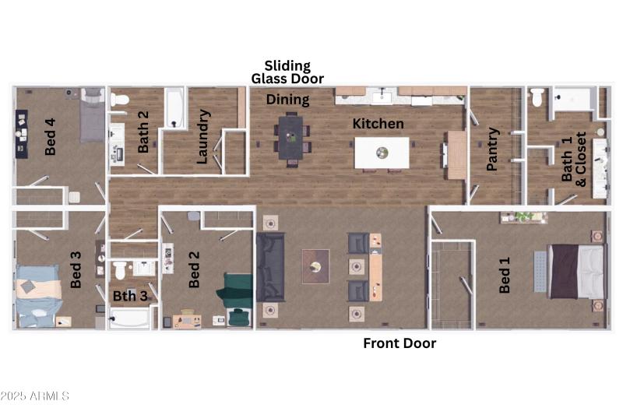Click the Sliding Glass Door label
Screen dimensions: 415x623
pyautogui.click(x=287, y=72)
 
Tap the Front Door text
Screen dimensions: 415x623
pyautogui.click(x=399, y=343)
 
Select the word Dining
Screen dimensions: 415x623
pyautogui.click(x=287, y=100)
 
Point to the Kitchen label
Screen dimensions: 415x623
pyautogui.click(x=378, y=124)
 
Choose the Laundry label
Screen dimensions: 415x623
pyautogui.click(x=202, y=136)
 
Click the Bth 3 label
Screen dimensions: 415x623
pyautogui.click(x=129, y=296)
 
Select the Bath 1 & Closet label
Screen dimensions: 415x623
pyautogui.click(x=574, y=159)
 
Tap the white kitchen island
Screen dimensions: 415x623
pyautogui.click(x=382, y=153)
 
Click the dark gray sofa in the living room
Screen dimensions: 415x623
pyautogui.click(x=270, y=267)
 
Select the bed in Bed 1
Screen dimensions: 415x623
pyautogui.click(x=577, y=271)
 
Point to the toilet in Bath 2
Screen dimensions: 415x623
pyautogui.click(x=119, y=99)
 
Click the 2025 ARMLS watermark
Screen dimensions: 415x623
pyautogui.click(x=35, y=396)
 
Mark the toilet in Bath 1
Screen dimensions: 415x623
pyautogui.click(x=536, y=98)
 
